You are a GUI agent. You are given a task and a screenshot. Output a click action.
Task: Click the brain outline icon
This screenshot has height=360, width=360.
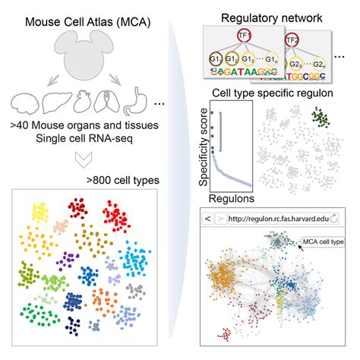click(x=27, y=104)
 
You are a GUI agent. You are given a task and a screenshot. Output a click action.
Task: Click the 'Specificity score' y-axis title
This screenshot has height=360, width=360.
click(x=198, y=145)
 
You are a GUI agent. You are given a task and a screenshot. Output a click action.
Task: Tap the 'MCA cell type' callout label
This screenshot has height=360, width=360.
click(x=323, y=242)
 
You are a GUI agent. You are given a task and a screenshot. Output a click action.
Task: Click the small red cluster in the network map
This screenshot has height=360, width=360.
click(x=226, y=334)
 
